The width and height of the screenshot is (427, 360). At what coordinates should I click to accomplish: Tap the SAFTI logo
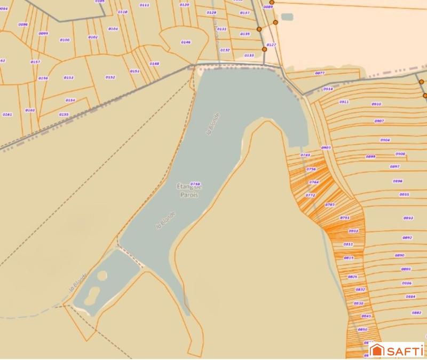[397, 350]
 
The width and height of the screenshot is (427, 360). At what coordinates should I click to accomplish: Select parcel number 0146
[186, 42]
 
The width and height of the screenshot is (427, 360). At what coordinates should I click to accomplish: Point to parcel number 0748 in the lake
[195, 183]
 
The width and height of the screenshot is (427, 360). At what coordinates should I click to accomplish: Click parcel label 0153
[69, 77]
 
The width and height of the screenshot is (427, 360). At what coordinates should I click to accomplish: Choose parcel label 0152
[110, 77]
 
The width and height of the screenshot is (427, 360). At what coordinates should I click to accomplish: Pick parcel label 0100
[65, 40]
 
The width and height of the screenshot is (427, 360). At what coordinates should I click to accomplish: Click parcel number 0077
[320, 73]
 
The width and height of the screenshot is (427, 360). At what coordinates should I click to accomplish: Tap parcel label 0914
[328, 89]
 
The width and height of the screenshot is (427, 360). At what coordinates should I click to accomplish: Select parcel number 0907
[379, 121]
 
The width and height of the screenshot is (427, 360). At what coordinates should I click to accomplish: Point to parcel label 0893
[408, 218]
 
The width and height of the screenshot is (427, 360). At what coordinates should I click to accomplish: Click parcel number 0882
[417, 312]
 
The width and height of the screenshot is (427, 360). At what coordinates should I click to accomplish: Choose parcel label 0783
[330, 205]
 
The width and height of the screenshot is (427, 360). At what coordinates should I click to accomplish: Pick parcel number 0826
[352, 277]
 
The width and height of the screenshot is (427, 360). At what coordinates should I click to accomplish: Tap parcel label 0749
[305, 155]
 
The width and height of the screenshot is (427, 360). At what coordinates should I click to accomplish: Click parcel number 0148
[154, 64]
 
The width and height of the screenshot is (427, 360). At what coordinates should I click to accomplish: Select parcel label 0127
[271, 45]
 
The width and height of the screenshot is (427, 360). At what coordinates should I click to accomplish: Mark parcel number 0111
[144, 5]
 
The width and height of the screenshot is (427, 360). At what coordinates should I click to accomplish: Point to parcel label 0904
[385, 140]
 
